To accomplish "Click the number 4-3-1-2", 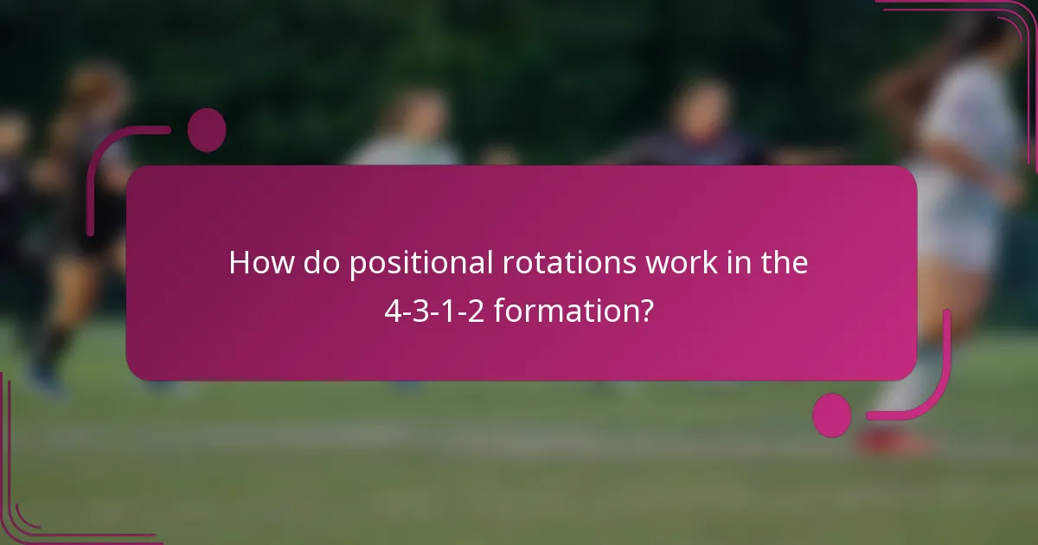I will tap(435, 311).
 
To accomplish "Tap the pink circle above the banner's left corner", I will tap(207, 130).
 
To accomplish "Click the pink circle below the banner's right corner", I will tap(832, 414).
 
